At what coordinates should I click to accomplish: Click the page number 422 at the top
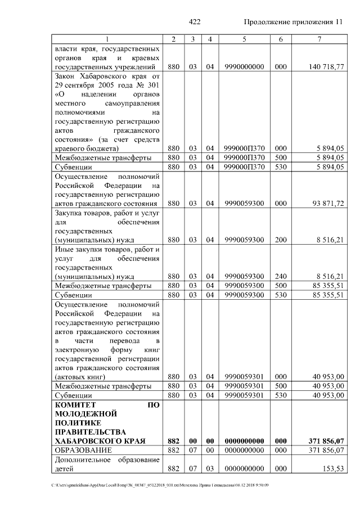click(195, 22)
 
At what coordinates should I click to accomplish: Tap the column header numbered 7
click(319, 39)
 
